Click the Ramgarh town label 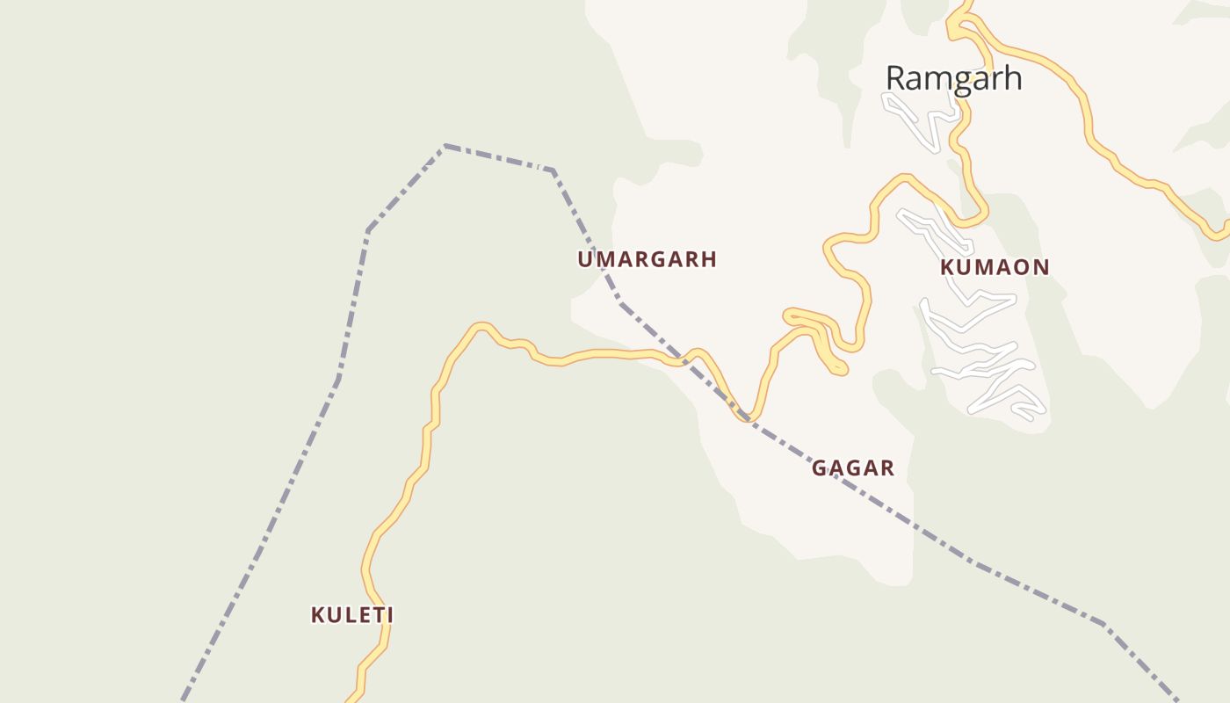pyautogui.click(x=953, y=78)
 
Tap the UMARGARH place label pyautogui.click(x=647, y=259)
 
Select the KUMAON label pyautogui.click(x=995, y=267)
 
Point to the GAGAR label pyautogui.click(x=852, y=468)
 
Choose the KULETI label pyautogui.click(x=351, y=615)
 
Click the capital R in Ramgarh pyautogui.click(x=895, y=78)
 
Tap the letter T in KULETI pyautogui.click(x=373, y=615)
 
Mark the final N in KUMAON pyautogui.click(x=1042, y=267)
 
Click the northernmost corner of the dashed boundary pyautogui.click(x=446, y=145)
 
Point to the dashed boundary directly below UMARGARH pyautogui.click(x=619, y=301)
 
